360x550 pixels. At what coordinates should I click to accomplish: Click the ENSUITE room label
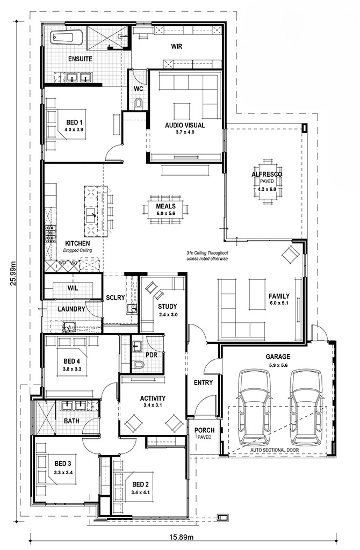pyautogui.click(x=81, y=59)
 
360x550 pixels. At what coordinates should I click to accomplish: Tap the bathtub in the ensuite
pyautogui.click(x=67, y=38)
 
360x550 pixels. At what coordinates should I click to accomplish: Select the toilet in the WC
pyautogui.click(x=139, y=103)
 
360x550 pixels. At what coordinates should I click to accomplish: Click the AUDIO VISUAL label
pyautogui.click(x=185, y=125)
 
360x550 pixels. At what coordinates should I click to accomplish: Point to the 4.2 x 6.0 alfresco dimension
pyautogui.click(x=267, y=189)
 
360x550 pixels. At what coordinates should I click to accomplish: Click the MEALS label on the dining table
pyautogui.click(x=165, y=206)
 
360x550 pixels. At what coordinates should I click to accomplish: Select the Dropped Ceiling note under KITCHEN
pyautogui.click(x=77, y=250)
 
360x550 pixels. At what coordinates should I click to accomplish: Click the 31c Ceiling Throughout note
pyautogui.click(x=207, y=253)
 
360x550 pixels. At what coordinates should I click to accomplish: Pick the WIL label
pyautogui.click(x=73, y=288)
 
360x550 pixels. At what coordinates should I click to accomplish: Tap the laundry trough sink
pyautogui.click(x=70, y=326)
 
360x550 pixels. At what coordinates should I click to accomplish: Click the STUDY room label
pyautogui.click(x=167, y=307)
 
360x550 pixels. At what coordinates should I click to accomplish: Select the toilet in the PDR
pyautogui.click(x=139, y=365)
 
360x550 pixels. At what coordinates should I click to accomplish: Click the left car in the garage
pyautogui.click(x=254, y=408)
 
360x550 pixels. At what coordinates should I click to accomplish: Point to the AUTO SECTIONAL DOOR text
pyautogui.click(x=275, y=450)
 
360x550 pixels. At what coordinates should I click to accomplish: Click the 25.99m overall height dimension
pyautogui.click(x=13, y=273)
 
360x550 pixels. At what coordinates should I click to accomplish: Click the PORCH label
pyautogui.click(x=205, y=430)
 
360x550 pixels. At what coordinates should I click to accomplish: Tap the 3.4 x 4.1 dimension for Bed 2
pyautogui.click(x=140, y=492)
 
